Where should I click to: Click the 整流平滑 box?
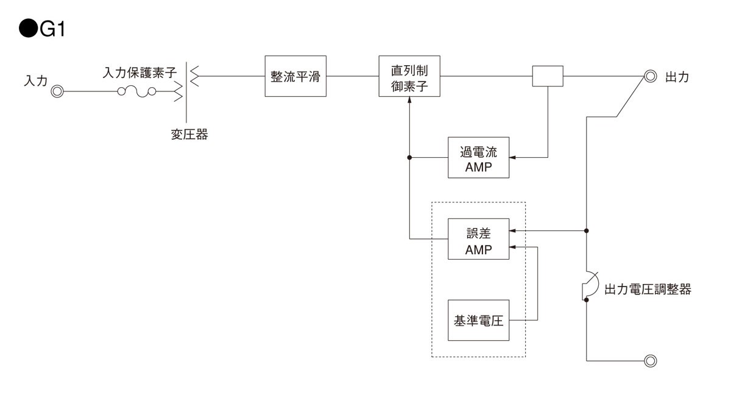pyautogui.click(x=295, y=76)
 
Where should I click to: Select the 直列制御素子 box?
pyautogui.click(x=409, y=76)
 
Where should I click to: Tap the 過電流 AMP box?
pyautogui.click(x=478, y=157)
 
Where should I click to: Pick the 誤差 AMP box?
pyautogui.click(x=478, y=238)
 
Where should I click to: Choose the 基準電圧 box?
pyautogui.click(x=478, y=320)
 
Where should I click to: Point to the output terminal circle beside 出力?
pyautogui.click(x=650, y=77)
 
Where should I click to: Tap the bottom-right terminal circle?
pyautogui.click(x=650, y=360)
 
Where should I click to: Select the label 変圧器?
pyautogui.click(x=189, y=135)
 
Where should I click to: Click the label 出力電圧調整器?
pyautogui.click(x=648, y=290)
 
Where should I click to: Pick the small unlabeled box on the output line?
pyautogui.click(x=548, y=76)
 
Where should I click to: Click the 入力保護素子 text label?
pyautogui.click(x=139, y=73)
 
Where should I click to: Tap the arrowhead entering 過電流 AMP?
pyautogui.click(x=512, y=157)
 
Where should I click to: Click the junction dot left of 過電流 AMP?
pyautogui.click(x=409, y=157)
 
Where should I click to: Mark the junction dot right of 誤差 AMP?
pyautogui.click(x=587, y=231)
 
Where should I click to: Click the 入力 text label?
pyautogui.click(x=35, y=81)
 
